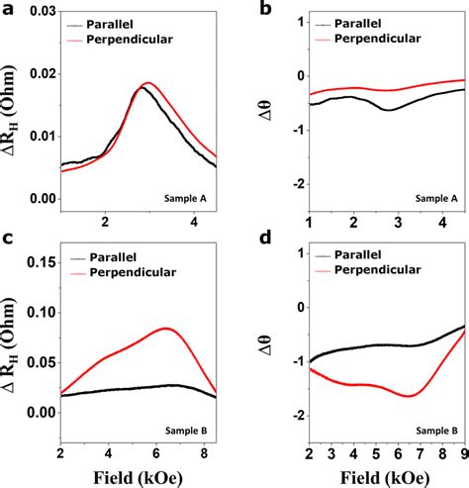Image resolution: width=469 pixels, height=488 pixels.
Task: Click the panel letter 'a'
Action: (8, 9)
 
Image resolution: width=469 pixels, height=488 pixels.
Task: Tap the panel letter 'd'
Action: (265, 237)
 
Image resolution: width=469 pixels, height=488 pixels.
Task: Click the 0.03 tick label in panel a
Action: (43, 12)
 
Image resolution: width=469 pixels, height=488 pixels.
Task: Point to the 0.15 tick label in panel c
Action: (43, 262)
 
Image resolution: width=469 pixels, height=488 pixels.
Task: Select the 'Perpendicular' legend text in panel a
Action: (130, 40)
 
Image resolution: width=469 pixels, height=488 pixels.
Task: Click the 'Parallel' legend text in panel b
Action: (358, 24)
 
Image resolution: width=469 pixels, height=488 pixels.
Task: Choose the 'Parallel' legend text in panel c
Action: (113, 257)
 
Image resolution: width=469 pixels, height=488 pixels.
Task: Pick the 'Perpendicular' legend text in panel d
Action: (378, 270)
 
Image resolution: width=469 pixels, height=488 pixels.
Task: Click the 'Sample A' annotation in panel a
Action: (185, 199)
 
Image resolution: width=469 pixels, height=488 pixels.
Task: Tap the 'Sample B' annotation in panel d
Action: (436, 431)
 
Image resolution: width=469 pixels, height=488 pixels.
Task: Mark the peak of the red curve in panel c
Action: (165, 328)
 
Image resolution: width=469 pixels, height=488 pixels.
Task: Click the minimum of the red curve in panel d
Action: (409, 396)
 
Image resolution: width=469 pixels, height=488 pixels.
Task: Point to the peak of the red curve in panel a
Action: (147, 82)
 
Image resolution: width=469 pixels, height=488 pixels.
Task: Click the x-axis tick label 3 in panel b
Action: (398, 223)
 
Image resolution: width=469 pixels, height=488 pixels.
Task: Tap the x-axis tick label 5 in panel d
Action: (376, 453)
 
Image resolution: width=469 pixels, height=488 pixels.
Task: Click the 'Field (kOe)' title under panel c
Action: (138, 478)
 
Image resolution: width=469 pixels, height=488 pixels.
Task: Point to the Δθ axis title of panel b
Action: (266, 110)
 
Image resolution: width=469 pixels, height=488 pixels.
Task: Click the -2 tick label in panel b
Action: (299, 184)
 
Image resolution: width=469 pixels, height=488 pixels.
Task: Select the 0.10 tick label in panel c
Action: (43, 313)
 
